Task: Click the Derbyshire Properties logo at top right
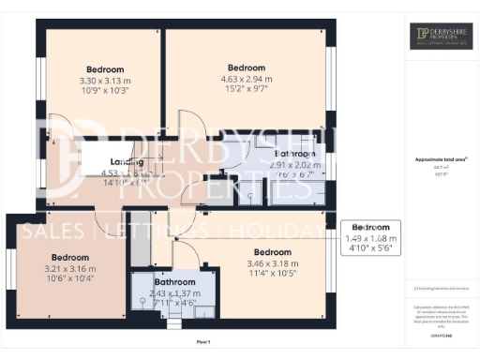442,37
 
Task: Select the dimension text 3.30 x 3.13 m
105,81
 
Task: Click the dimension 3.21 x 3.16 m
69,268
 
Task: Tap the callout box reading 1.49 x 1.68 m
370,238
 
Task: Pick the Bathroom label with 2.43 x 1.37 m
174,282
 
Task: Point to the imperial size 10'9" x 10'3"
105,92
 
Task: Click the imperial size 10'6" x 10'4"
69,279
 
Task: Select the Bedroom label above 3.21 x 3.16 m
69,257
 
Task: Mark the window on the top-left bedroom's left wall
39,84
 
